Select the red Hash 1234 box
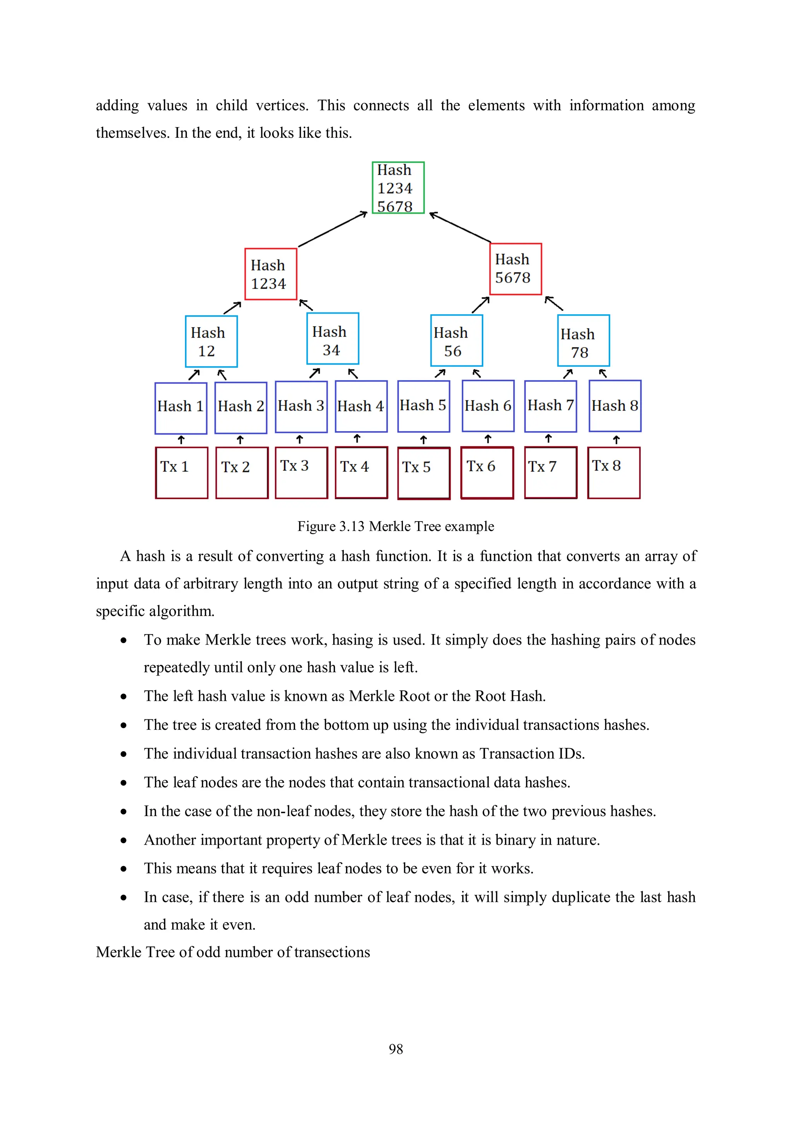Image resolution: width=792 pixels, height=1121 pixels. coord(270,274)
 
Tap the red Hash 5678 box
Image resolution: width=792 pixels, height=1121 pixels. coord(515,269)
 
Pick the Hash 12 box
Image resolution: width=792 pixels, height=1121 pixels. coord(211,341)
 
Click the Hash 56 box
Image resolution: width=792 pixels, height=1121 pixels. coord(456,340)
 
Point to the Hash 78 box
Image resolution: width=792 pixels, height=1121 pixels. coord(583,340)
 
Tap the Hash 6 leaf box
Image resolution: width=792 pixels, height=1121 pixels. coord(488,406)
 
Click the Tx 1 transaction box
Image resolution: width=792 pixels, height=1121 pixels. coord(181,472)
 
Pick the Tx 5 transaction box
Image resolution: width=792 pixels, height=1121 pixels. coord(423,473)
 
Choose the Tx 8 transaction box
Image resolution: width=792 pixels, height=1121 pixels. coord(613,472)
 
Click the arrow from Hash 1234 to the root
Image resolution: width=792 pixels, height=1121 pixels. coord(332,229)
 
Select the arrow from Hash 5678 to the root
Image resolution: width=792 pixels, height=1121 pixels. coord(460,227)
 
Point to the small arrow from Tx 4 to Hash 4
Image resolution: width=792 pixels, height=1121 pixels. coord(357,438)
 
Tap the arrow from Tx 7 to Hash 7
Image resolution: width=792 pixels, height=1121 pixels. coord(548,438)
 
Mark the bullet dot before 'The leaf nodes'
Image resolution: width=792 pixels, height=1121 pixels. coord(124,783)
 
